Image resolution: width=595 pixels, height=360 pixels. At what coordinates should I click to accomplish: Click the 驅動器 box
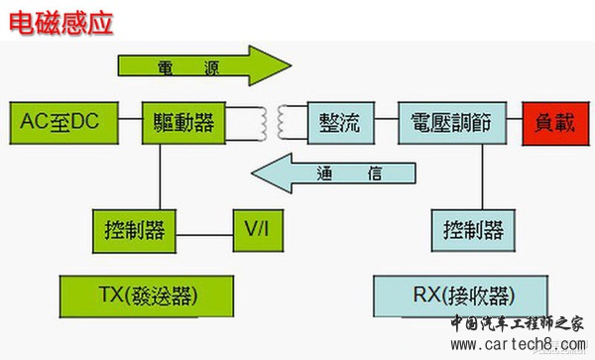click(x=180, y=123)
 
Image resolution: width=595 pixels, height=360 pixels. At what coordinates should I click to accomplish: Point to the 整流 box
click(x=339, y=123)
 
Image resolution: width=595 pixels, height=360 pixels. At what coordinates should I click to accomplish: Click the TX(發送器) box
click(x=147, y=296)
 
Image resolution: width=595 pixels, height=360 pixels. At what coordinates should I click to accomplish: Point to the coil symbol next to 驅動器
click(x=264, y=123)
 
